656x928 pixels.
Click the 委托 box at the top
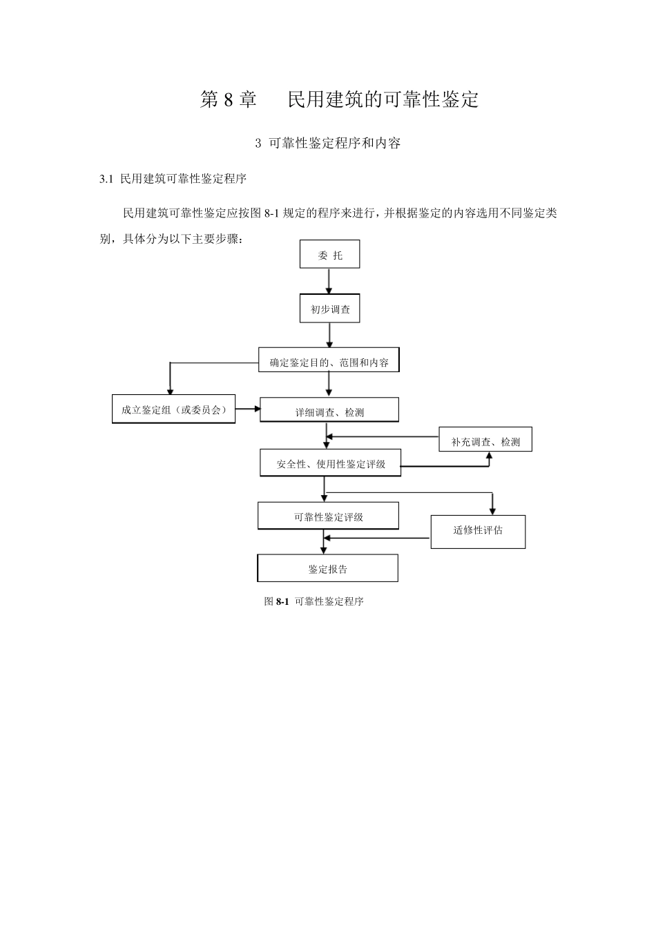[329, 255]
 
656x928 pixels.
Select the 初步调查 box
[329, 309]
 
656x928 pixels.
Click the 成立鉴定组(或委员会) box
[174, 409]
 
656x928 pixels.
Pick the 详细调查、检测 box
[329, 411]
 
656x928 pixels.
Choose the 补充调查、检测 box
[485, 441]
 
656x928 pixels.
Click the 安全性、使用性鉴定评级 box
[331, 463]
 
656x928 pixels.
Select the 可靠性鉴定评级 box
[328, 516]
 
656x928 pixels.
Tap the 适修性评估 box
[478, 531]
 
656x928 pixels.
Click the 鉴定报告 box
[327, 568]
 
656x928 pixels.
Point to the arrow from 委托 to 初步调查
[329, 281]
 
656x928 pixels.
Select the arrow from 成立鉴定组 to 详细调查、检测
[248, 409]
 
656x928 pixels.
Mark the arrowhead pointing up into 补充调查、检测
[489, 456]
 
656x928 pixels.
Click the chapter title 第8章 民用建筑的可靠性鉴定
[339, 99]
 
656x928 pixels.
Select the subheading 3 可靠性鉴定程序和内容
[328, 143]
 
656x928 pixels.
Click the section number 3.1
[106, 179]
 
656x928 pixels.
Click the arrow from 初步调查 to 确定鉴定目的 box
[329, 335]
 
